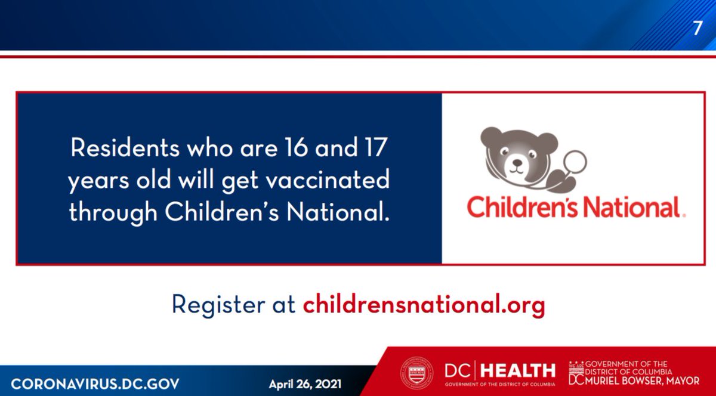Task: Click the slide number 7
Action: [698, 28]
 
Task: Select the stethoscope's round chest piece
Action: [575, 161]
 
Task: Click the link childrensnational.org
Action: [424, 305]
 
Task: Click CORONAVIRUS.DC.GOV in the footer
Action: [95, 383]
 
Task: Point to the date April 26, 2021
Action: [304, 383]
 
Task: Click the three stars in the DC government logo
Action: [576, 363]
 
